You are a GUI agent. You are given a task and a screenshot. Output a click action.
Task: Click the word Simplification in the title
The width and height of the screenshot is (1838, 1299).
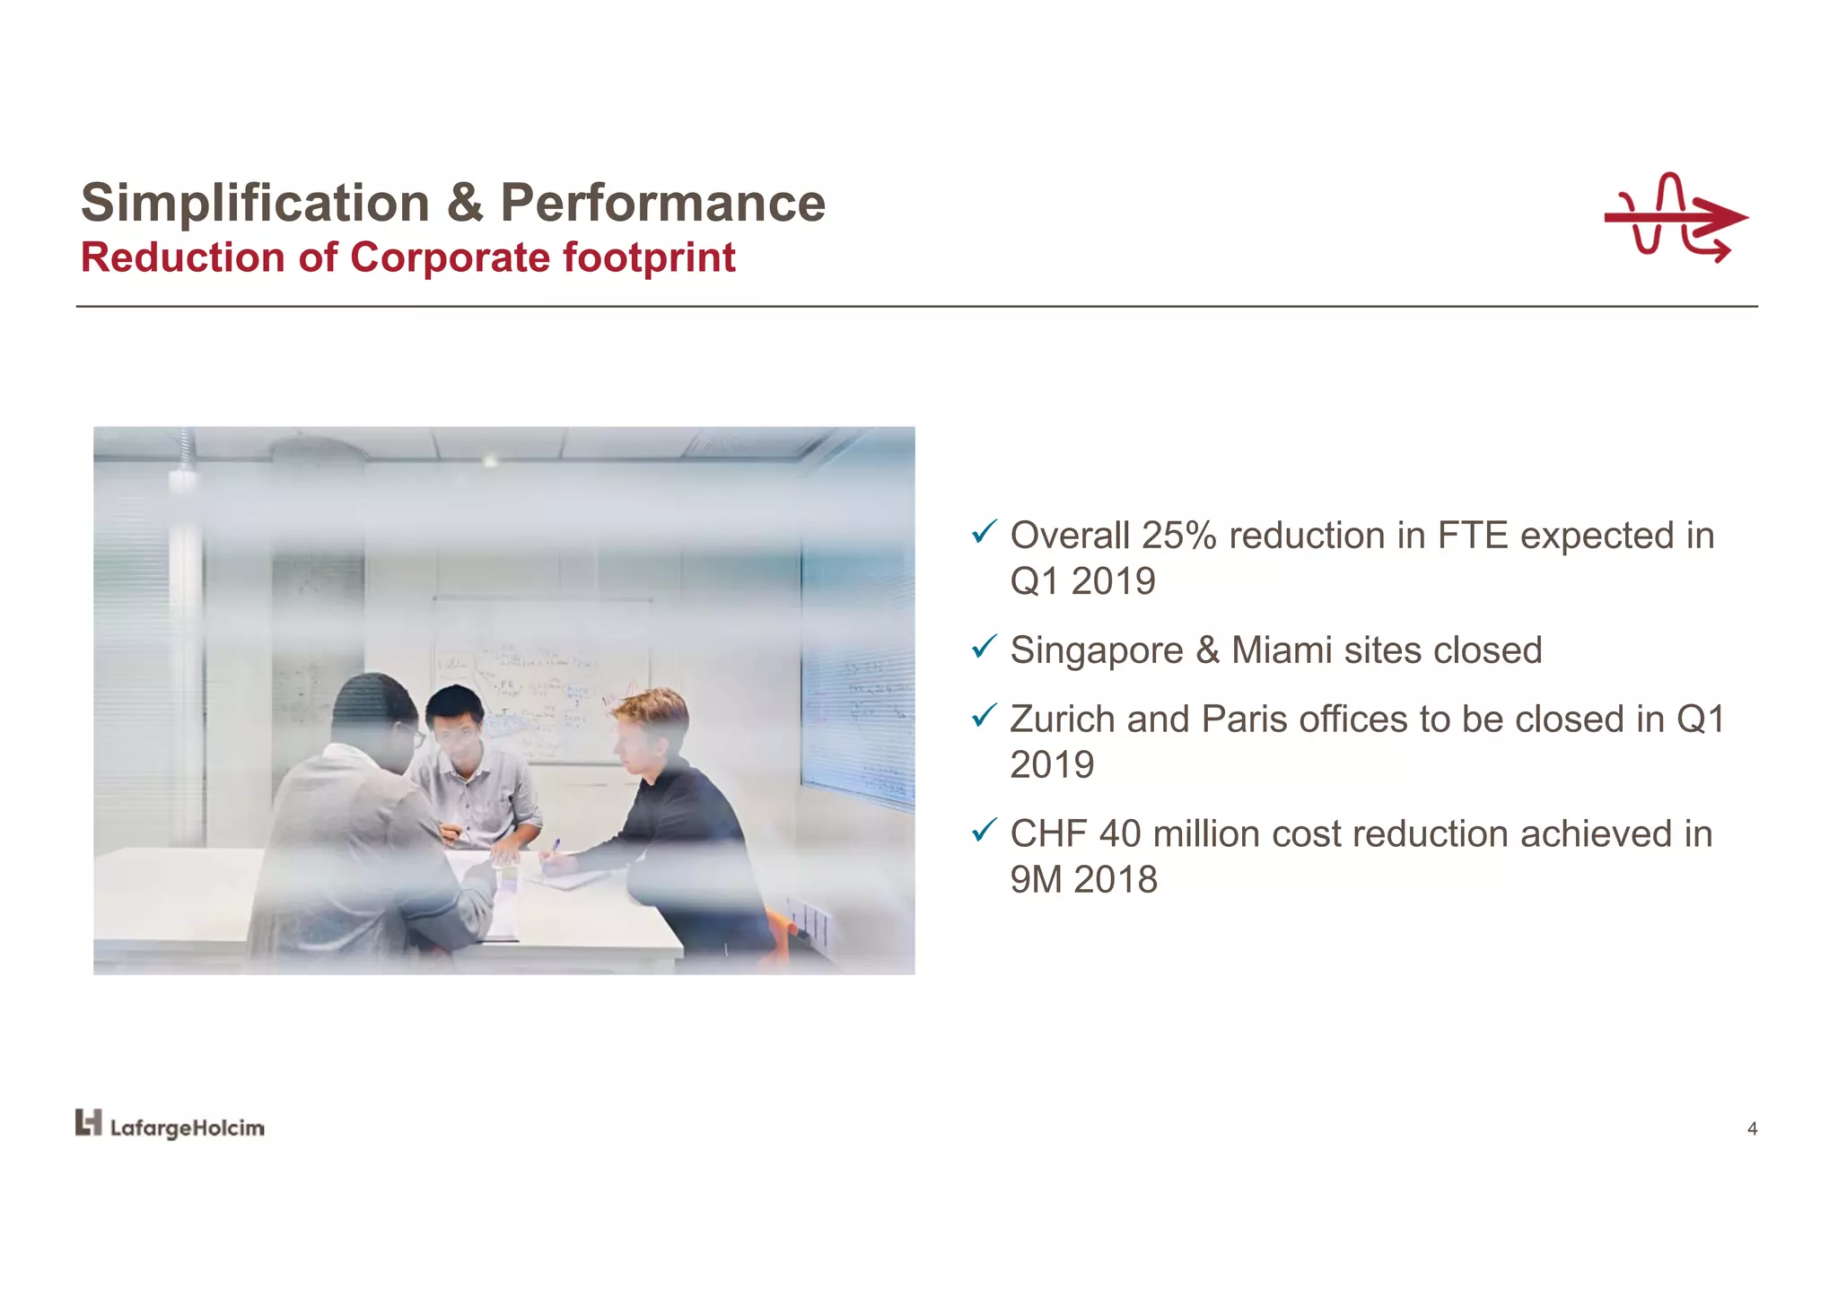(x=255, y=203)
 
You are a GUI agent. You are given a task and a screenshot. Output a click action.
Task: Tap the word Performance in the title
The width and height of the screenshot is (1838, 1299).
(x=662, y=203)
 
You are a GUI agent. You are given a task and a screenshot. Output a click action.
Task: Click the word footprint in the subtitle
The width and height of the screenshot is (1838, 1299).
(x=649, y=257)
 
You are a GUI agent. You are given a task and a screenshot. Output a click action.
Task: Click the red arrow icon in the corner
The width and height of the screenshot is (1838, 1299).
(x=1675, y=218)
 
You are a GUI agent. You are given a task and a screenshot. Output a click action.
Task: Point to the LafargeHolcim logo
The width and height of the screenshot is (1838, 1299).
(x=170, y=1126)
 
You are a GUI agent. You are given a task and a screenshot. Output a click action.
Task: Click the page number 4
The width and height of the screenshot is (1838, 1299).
(x=1752, y=1129)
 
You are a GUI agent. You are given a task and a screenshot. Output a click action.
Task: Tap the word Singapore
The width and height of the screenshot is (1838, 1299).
(x=1097, y=650)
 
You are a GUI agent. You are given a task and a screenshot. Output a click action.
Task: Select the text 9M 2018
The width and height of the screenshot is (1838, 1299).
(x=1083, y=880)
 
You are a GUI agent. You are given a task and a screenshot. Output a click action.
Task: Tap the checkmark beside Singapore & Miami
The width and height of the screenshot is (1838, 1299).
(x=984, y=646)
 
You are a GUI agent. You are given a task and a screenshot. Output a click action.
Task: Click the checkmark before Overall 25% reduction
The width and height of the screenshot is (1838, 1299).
(x=984, y=532)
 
